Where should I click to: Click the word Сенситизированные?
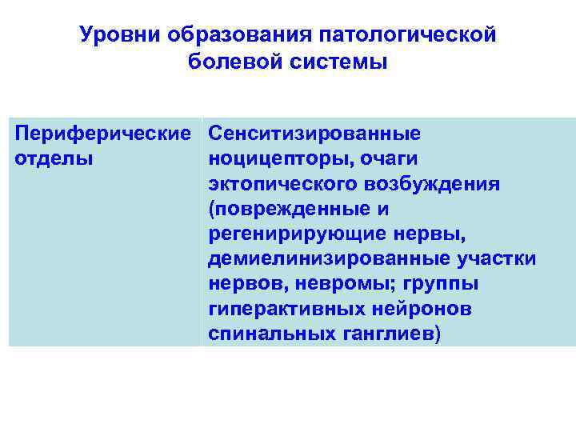point(314,133)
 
